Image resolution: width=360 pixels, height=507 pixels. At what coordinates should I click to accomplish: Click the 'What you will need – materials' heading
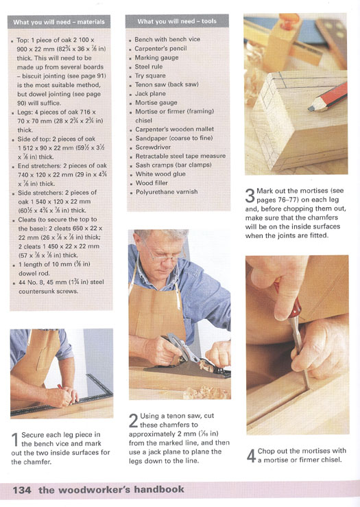point(59,23)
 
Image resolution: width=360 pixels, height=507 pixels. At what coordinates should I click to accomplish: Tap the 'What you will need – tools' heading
point(177,21)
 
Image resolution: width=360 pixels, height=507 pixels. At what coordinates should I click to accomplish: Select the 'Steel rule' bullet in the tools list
point(149,67)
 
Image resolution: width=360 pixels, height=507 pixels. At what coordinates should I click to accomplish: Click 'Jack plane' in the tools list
point(150,94)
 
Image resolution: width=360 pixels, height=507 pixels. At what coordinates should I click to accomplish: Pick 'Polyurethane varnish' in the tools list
point(167,191)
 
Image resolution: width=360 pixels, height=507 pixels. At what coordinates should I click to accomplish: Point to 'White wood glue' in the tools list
point(160,174)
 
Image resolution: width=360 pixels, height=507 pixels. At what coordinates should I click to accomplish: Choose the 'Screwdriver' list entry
point(153,147)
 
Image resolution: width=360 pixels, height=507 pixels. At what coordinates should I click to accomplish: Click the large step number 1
point(15,440)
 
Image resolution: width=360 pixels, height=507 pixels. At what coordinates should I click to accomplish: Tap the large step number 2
point(134,421)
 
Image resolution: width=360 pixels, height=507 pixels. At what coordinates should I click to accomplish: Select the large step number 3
point(250,196)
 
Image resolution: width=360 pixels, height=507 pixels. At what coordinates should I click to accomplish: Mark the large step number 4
point(252,456)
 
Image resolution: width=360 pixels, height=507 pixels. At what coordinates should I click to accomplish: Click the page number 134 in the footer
point(22,490)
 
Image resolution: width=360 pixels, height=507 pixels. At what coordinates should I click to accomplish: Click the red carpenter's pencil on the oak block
point(328,97)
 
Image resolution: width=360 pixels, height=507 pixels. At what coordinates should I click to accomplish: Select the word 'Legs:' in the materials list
point(25,113)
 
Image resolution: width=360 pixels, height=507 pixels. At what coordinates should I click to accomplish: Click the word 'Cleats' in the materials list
point(27,220)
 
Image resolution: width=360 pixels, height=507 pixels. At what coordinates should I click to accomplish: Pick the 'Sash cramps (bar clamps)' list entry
point(173,165)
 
